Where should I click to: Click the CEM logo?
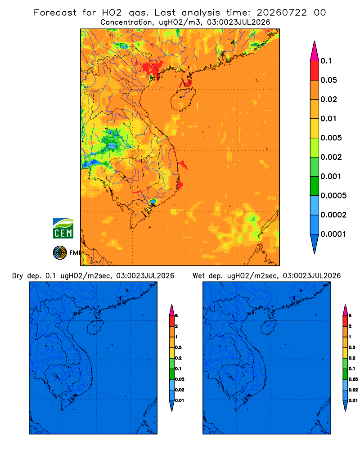point(63,228)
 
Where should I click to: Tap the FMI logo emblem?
point(60,252)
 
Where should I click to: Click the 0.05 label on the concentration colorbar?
point(328,80)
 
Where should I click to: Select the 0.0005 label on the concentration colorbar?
point(333,196)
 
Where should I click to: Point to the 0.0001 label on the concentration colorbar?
point(333,234)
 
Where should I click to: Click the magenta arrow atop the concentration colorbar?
point(315,51)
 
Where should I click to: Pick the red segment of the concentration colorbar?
point(315,70)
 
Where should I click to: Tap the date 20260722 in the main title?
point(282,13)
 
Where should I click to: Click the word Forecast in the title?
point(55,13)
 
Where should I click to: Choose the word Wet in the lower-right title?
point(198,276)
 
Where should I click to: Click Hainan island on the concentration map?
point(183,99)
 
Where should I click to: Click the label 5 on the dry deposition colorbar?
point(176,316)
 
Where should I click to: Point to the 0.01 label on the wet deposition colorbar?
point(353,400)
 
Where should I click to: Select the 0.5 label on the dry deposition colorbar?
point(178,347)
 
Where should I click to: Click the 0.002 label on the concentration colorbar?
point(331,157)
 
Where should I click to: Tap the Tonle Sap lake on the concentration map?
point(122,175)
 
